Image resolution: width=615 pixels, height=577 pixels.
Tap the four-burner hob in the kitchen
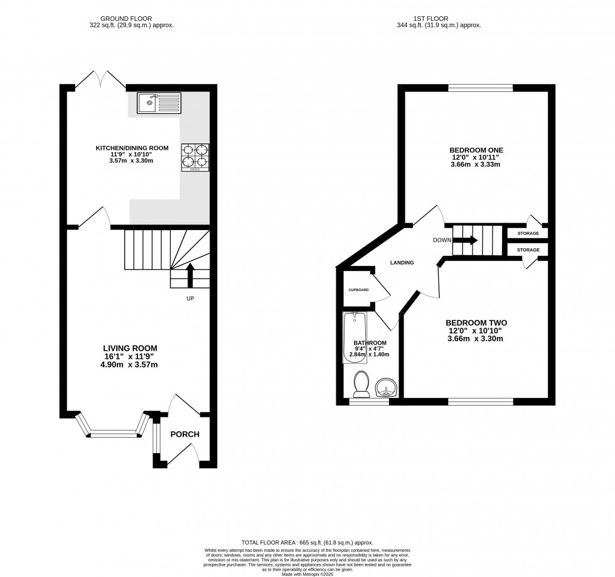pyautogui.click(x=195, y=157)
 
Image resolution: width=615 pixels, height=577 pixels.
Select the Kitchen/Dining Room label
pyautogui.click(x=132, y=148)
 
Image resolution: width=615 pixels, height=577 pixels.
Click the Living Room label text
pyautogui.click(x=130, y=348)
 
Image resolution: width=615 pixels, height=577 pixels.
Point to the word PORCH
pyautogui.click(x=184, y=434)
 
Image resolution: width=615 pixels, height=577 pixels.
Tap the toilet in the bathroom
pyautogui.click(x=361, y=385)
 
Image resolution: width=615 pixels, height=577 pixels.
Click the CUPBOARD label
pyautogui.click(x=358, y=290)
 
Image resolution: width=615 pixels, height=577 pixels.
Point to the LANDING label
pyautogui.click(x=402, y=263)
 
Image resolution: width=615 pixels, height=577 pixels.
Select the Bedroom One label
pyautogui.click(x=476, y=150)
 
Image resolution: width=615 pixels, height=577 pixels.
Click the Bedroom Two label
pyautogui.click(x=476, y=323)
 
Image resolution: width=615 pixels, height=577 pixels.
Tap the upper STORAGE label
pyautogui.click(x=528, y=233)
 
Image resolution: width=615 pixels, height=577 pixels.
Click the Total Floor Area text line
pyautogui.click(x=307, y=541)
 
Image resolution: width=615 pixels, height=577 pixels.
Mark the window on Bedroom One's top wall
pyautogui.click(x=480, y=87)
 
